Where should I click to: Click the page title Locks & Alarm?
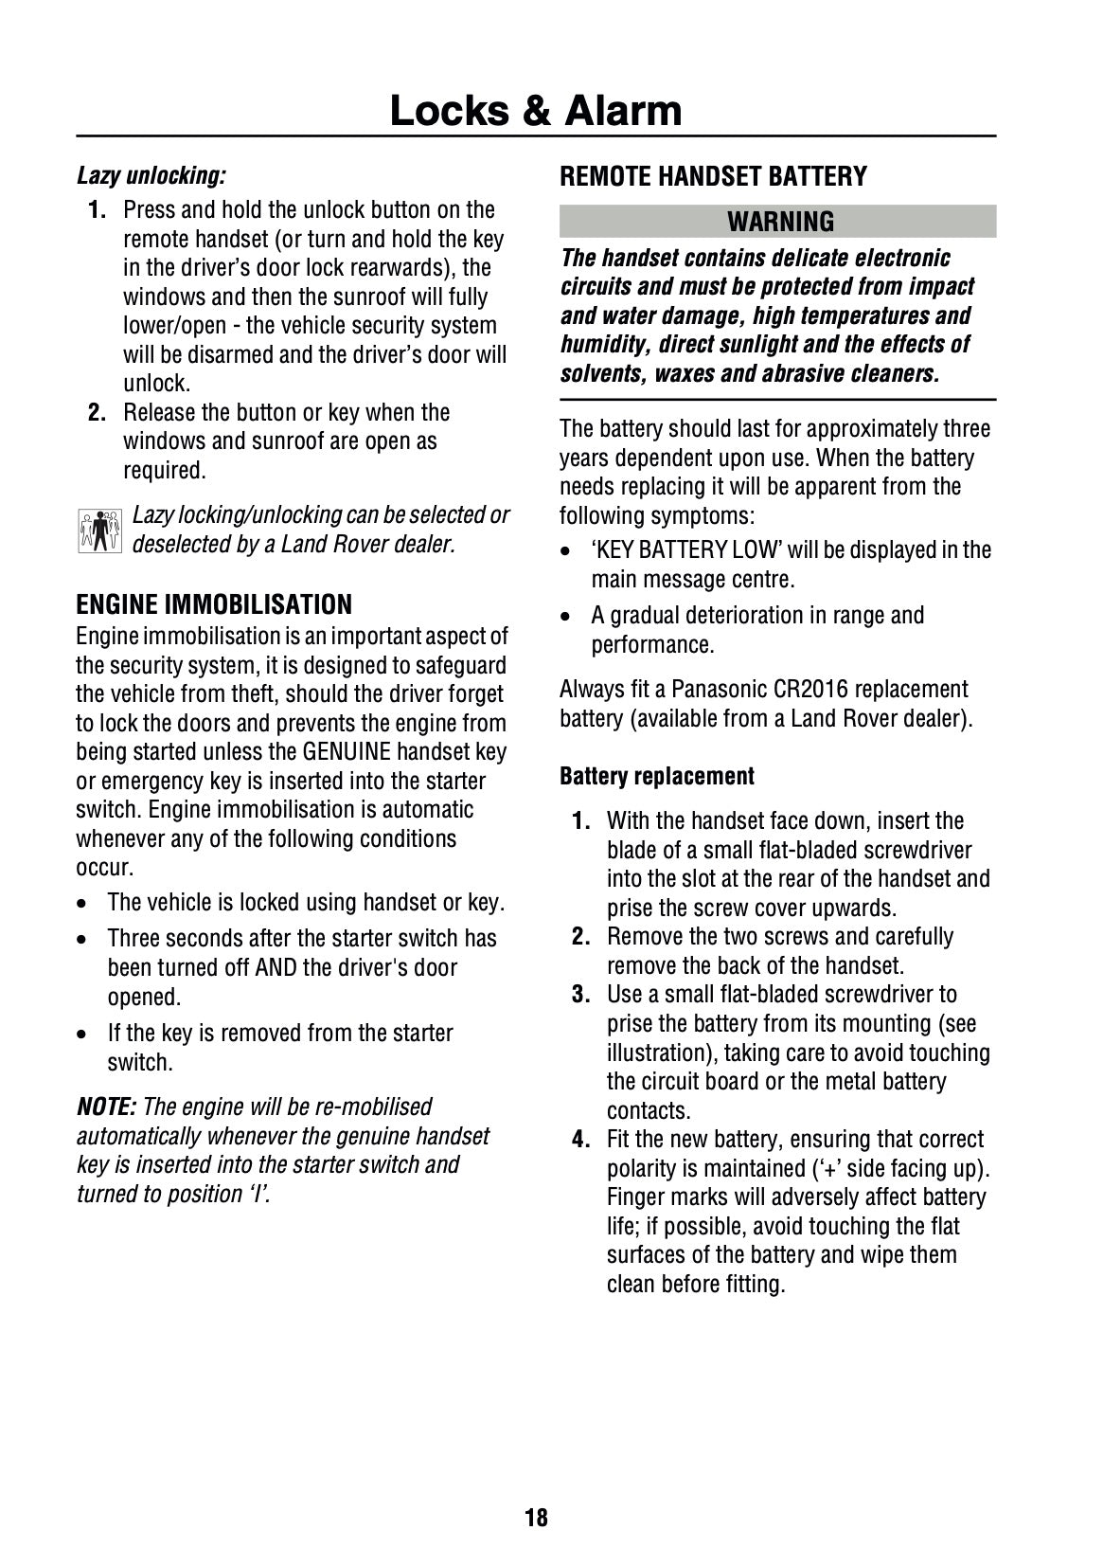(x=536, y=111)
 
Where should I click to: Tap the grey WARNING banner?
(x=778, y=222)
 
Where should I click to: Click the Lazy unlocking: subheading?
(x=151, y=175)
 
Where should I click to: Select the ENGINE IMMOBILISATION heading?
(x=214, y=604)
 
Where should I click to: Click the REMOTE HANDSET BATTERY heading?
(x=713, y=176)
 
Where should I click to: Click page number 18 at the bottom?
(x=536, y=1518)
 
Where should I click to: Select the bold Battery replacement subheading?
(x=657, y=777)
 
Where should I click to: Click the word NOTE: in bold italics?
(x=106, y=1107)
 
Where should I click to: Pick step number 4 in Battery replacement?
(x=581, y=1140)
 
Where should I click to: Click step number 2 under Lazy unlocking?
(x=97, y=413)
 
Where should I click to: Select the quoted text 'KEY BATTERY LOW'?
(x=686, y=550)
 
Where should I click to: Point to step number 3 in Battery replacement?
(x=581, y=995)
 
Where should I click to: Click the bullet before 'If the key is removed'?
(x=85, y=1035)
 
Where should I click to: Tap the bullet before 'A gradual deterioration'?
(x=566, y=617)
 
